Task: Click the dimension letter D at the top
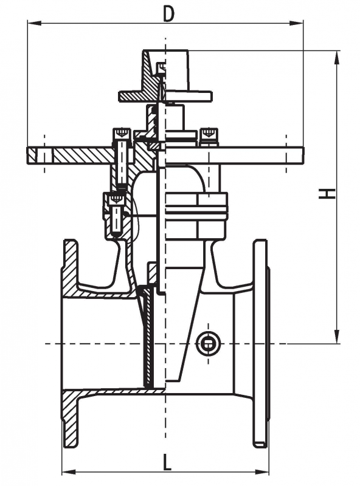(168, 14)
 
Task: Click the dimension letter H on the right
(327, 194)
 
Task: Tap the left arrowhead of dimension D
(35, 23)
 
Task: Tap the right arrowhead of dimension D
(296, 23)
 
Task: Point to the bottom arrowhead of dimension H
(336, 337)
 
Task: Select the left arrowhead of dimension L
(69, 481)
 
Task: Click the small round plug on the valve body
(207, 343)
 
